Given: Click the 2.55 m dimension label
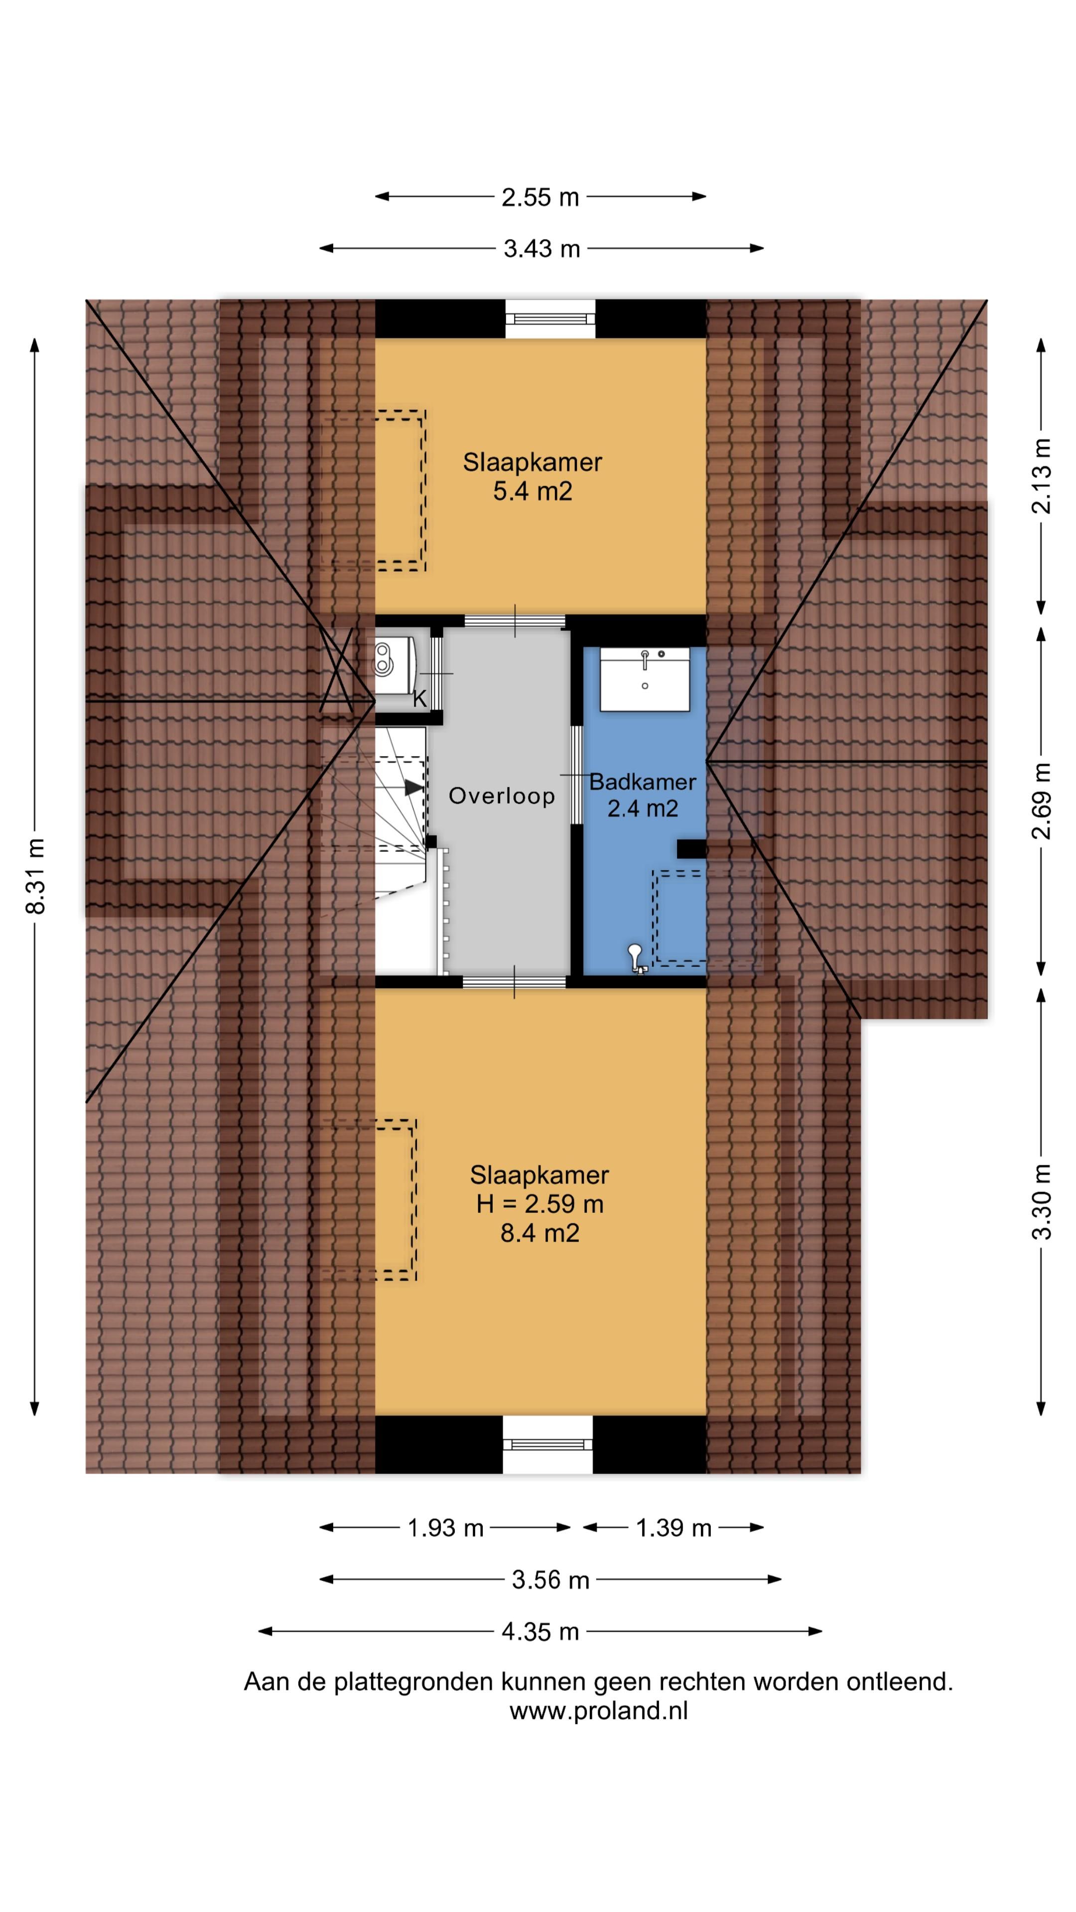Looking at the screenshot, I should pyautogui.click(x=540, y=198).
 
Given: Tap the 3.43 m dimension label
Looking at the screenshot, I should pyautogui.click(x=541, y=248).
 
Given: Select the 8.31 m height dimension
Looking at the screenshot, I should pyautogui.click(x=35, y=876).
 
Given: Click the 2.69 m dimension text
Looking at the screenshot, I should pyautogui.click(x=1042, y=801).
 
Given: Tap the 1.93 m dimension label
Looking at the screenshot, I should pyautogui.click(x=445, y=1528).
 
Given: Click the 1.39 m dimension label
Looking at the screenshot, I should pyautogui.click(x=673, y=1528).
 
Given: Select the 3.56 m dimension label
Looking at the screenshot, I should pyautogui.click(x=550, y=1579).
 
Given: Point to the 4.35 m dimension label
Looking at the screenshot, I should pyautogui.click(x=540, y=1632).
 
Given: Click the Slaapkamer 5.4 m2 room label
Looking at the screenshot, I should pyautogui.click(x=533, y=477).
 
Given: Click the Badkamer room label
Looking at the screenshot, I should pyautogui.click(x=642, y=782).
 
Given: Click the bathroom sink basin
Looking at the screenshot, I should pyautogui.click(x=645, y=679).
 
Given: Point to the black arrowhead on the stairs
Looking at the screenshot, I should pyautogui.click(x=413, y=788).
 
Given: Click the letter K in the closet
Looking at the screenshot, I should pyautogui.click(x=419, y=699).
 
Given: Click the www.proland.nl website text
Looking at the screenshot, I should pyautogui.click(x=598, y=1710).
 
